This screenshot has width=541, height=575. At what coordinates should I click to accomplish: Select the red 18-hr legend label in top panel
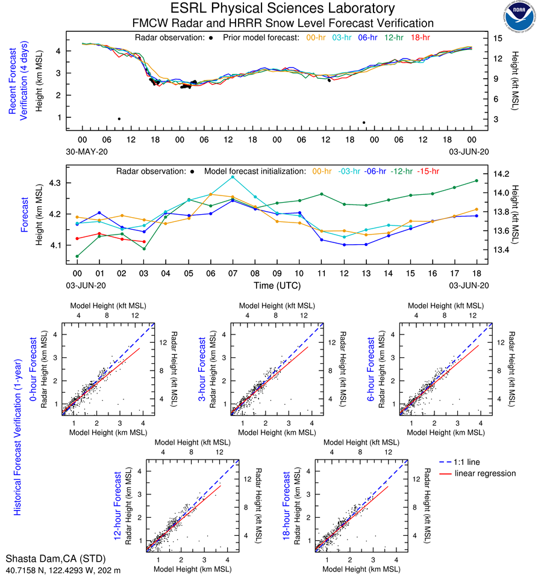click(x=419, y=37)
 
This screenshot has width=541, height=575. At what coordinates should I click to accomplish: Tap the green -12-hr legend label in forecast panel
click(x=402, y=171)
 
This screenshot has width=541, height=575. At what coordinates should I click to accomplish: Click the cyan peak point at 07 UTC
click(x=233, y=177)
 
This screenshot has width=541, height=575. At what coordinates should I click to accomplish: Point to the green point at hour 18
click(x=477, y=180)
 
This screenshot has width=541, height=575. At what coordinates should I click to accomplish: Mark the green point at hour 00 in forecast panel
click(x=77, y=256)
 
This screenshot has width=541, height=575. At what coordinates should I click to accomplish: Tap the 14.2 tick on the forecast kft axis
click(x=502, y=173)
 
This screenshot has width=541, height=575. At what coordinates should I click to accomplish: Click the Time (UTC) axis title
click(x=277, y=285)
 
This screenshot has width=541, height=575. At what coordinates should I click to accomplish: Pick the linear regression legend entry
click(x=485, y=473)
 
